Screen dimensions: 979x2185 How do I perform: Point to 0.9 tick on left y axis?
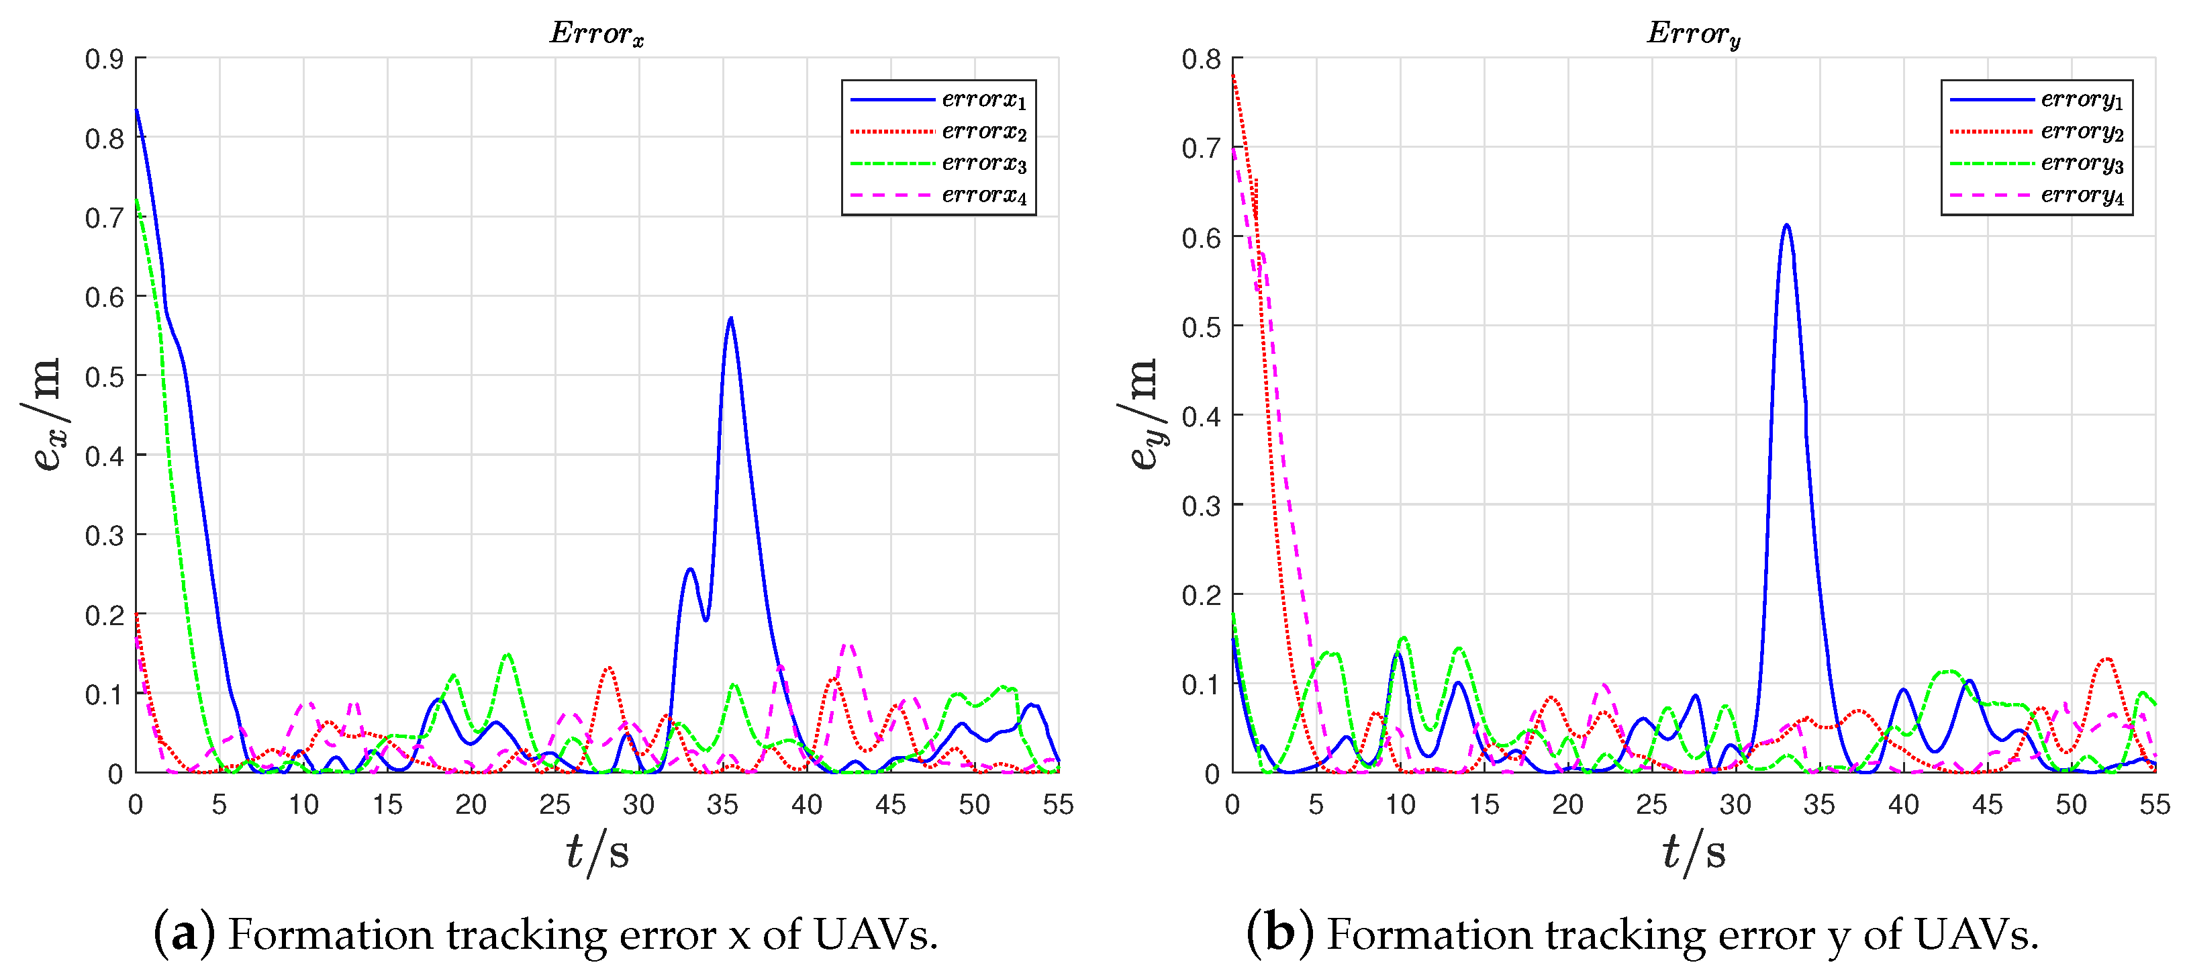tap(103, 59)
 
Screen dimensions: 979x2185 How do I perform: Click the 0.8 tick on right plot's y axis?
tap(1200, 59)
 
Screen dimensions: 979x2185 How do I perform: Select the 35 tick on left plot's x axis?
tap(723, 804)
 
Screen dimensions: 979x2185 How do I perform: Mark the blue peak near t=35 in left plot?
tap(730, 319)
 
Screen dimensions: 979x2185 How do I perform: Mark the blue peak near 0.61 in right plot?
tap(1786, 226)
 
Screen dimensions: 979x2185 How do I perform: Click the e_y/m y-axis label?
tap(1142, 414)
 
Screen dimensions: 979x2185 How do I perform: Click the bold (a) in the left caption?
tap(183, 934)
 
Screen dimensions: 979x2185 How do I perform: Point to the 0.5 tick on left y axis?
tap(103, 377)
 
